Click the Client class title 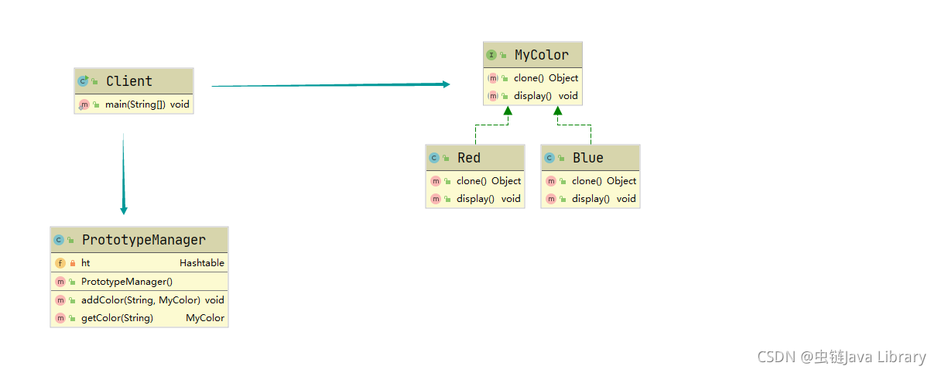[129, 81]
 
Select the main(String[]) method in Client [135, 104]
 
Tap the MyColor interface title [541, 55]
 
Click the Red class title [469, 158]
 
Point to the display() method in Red [475, 199]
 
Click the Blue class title [587, 158]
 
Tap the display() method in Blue [591, 199]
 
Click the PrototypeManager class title [144, 240]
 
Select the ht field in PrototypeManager [86, 263]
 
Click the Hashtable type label [202, 263]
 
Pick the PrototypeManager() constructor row [127, 282]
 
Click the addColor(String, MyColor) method [140, 299]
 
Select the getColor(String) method [117, 318]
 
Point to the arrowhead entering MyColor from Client [446, 84]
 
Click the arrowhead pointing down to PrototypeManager [124, 210]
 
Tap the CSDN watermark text [841, 357]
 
